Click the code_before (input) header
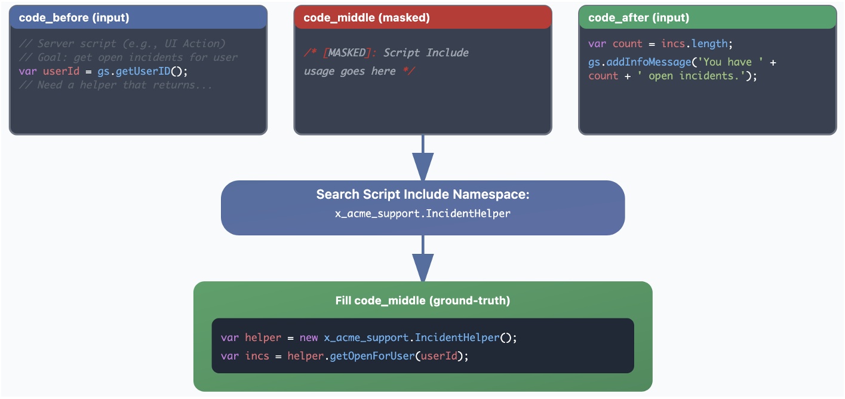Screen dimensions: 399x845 tap(74, 18)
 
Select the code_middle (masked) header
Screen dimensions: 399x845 tap(366, 18)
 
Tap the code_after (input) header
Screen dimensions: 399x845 tap(638, 18)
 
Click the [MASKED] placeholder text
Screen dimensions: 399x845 tap(345, 53)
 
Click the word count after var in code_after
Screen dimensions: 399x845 tap(627, 44)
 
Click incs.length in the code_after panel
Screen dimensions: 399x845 tap(694, 44)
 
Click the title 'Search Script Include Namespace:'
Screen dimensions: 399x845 tap(423, 195)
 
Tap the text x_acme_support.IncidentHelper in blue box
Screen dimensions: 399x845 tap(423, 213)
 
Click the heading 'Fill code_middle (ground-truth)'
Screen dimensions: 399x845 tap(423, 300)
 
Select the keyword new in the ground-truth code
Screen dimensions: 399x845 tap(309, 337)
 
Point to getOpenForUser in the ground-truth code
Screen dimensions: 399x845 tap(372, 356)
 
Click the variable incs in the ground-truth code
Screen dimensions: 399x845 tap(257, 356)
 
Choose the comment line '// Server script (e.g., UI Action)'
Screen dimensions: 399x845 tap(122, 44)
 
